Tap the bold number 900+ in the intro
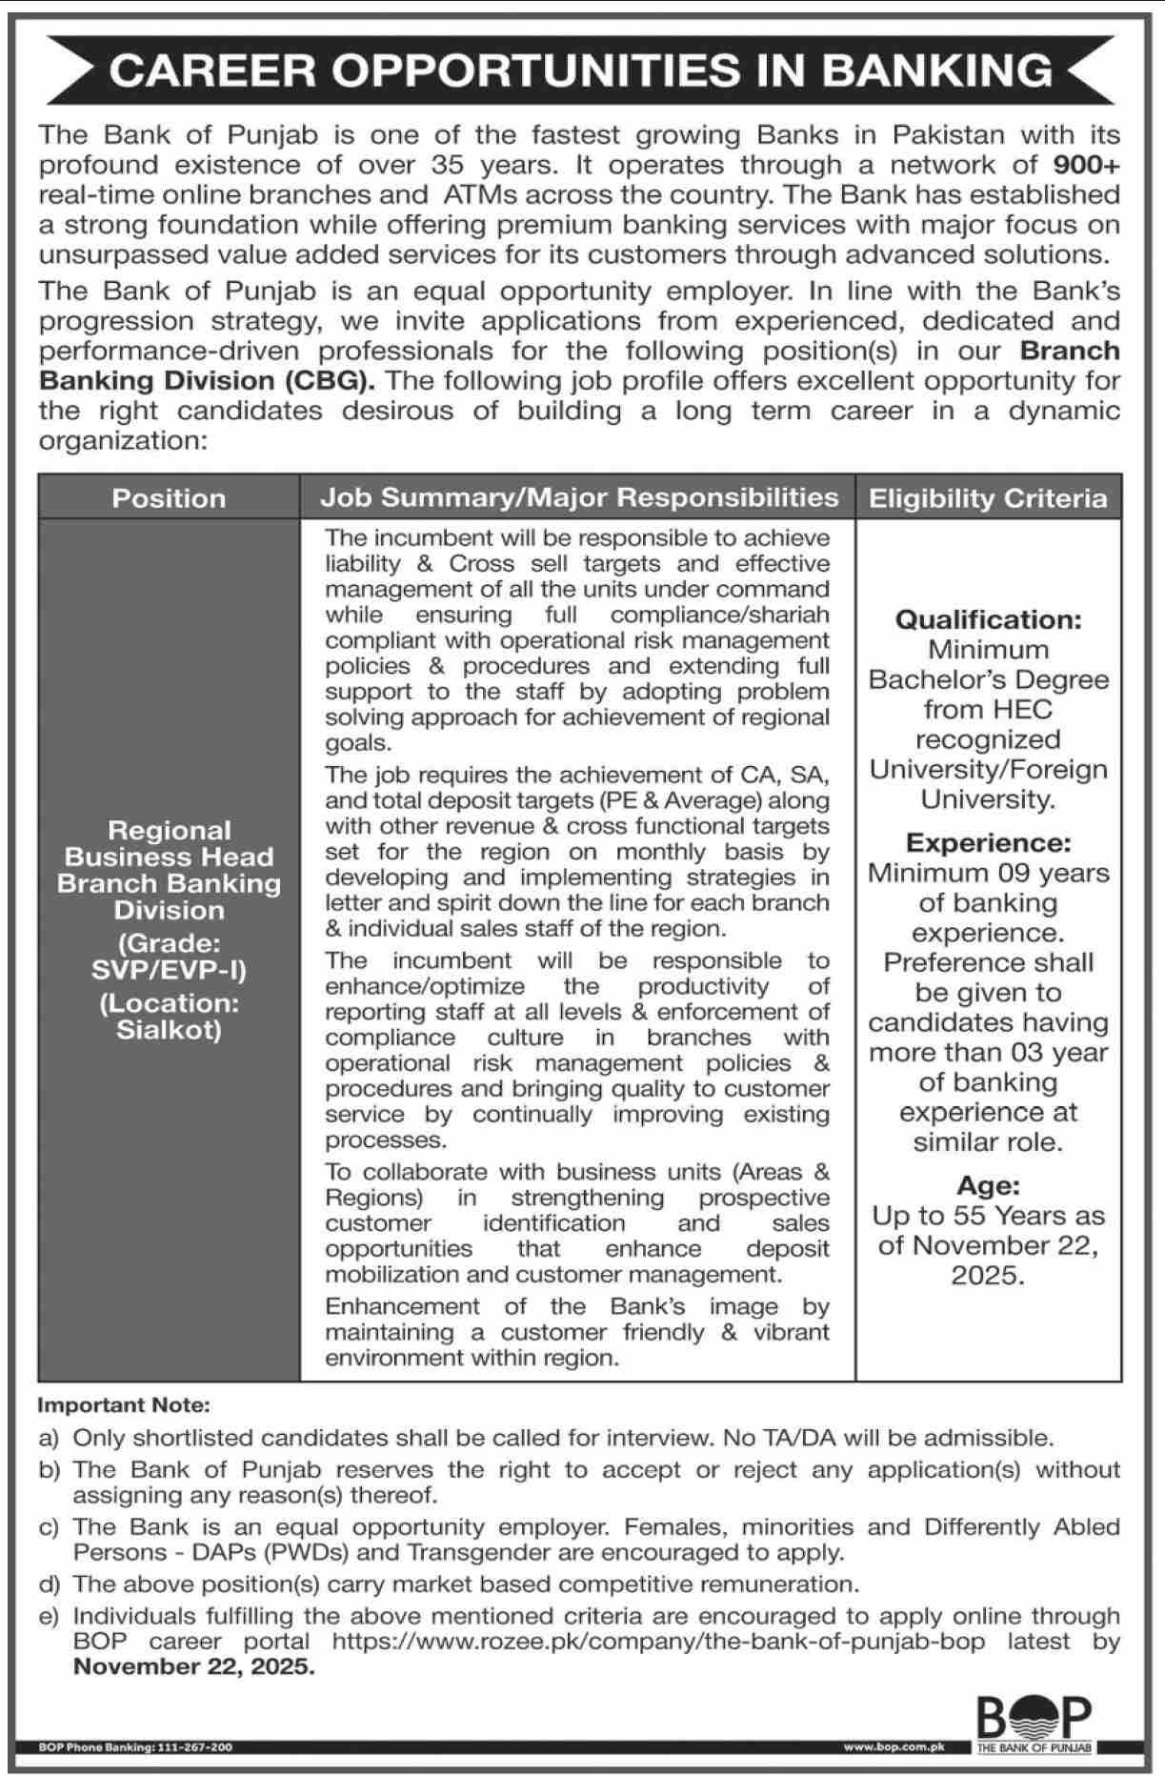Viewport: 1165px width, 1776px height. point(1087,165)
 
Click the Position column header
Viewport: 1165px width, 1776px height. point(169,498)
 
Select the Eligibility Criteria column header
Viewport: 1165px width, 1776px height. point(988,498)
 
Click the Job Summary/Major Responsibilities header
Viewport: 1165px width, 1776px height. point(578,497)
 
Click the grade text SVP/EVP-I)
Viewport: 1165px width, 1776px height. point(169,970)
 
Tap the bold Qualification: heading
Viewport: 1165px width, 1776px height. point(988,619)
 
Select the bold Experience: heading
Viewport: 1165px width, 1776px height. point(988,843)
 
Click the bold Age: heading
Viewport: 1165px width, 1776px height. point(988,1185)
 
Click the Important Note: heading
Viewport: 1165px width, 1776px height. point(123,1405)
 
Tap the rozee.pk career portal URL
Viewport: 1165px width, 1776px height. point(657,1642)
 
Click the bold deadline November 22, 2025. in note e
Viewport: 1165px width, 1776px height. point(193,1666)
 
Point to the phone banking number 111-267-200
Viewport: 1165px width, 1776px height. point(193,1747)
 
